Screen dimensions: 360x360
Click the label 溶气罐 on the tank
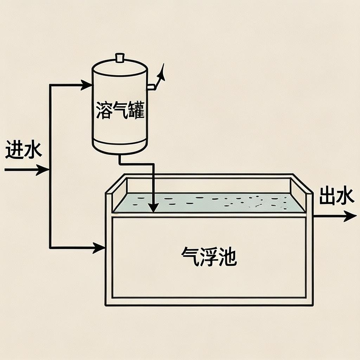tap(120, 110)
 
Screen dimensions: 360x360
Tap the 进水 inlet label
tap(24, 150)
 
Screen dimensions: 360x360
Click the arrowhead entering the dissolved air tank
tap(87, 85)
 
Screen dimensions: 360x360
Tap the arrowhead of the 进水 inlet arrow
tap(44, 170)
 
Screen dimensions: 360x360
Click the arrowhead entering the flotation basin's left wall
tap(100, 247)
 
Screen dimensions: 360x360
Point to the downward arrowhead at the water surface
tap(153, 207)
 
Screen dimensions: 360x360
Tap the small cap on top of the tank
tap(120, 57)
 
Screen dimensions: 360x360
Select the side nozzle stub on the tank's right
tap(151, 86)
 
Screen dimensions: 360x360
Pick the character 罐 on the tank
tap(136, 110)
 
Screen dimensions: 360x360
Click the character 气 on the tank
tap(120, 110)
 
